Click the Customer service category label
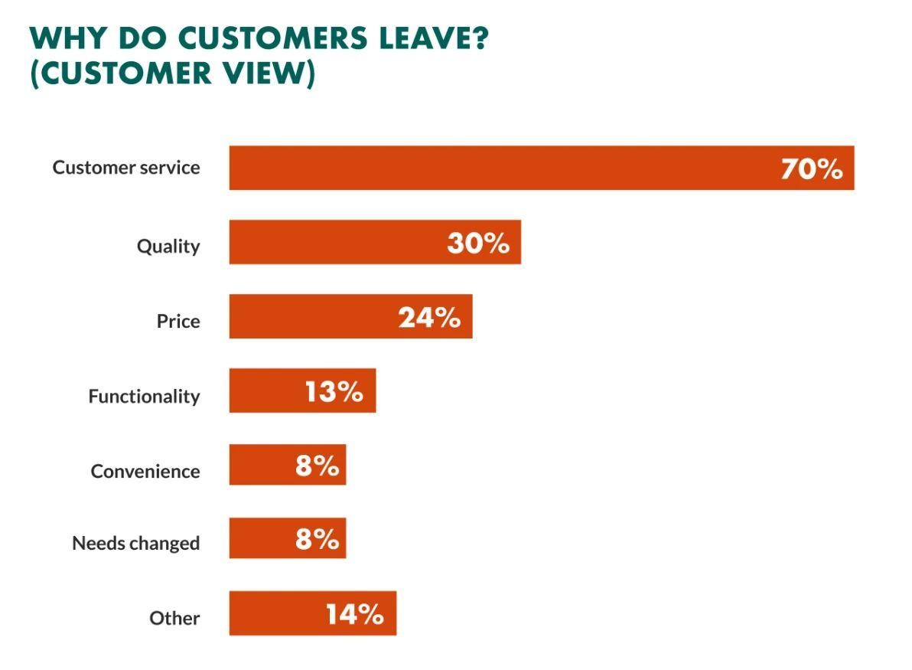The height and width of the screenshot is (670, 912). tap(126, 168)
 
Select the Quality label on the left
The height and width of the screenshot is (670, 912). tap(168, 247)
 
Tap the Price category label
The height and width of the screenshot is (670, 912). tap(178, 321)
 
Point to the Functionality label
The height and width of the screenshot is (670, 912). tap(144, 396)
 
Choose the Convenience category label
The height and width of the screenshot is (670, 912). tap(145, 471)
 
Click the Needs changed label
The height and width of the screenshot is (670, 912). tap(135, 544)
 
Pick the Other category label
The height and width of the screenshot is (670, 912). tap(174, 618)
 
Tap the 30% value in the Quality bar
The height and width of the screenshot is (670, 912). tap(478, 243)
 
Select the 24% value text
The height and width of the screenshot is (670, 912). tap(429, 318)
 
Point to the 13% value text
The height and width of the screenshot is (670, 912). tap(334, 392)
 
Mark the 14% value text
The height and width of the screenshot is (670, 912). tap(354, 614)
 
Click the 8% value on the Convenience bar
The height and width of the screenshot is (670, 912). tap(317, 466)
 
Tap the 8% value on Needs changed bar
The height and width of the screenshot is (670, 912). tap(317, 539)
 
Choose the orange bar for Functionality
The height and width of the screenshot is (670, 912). tap(264, 391)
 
